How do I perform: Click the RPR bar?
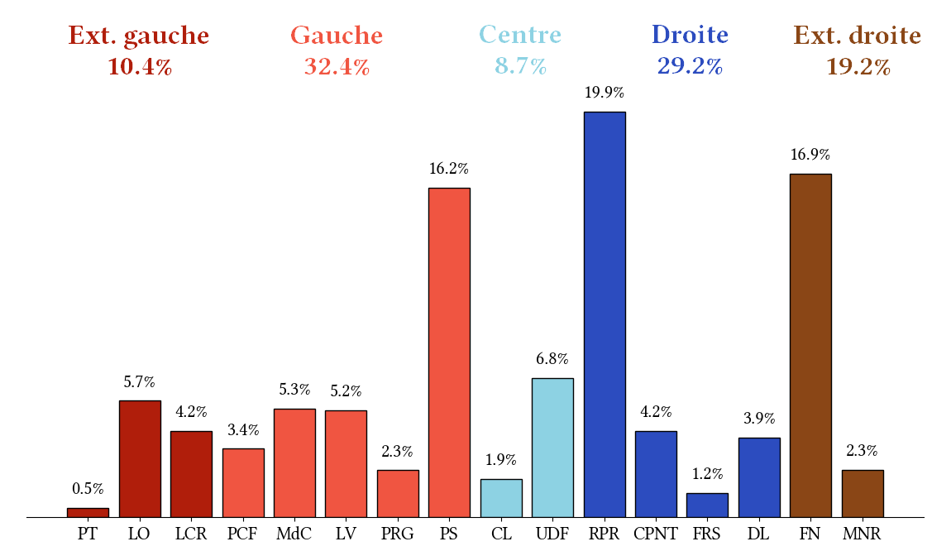pyautogui.click(x=605, y=314)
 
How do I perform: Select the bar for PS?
pyautogui.click(x=449, y=352)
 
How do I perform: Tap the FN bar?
pyautogui.click(x=810, y=346)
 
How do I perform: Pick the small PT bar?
pyautogui.click(x=88, y=513)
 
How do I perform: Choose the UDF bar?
pyautogui.click(x=552, y=448)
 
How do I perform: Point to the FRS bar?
pyautogui.click(x=707, y=505)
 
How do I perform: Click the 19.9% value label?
pyautogui.click(x=605, y=93)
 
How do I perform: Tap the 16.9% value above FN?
pyautogui.click(x=810, y=155)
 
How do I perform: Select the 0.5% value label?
pyautogui.click(x=88, y=489)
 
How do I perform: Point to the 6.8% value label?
pyautogui.click(x=552, y=359)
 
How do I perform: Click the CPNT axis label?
pyautogui.click(x=656, y=534)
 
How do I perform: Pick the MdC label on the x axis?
pyautogui.click(x=294, y=534)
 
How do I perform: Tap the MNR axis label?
pyautogui.click(x=863, y=534)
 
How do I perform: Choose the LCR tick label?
pyautogui.click(x=191, y=534)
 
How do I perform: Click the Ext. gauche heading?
pyautogui.click(x=139, y=36)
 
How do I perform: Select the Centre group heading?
pyautogui.click(x=520, y=36)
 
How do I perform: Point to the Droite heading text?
pyautogui.click(x=690, y=36)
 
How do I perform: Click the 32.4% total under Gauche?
pyautogui.click(x=337, y=67)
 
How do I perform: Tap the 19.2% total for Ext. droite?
pyautogui.click(x=858, y=67)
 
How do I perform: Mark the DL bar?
pyautogui.click(x=759, y=477)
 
